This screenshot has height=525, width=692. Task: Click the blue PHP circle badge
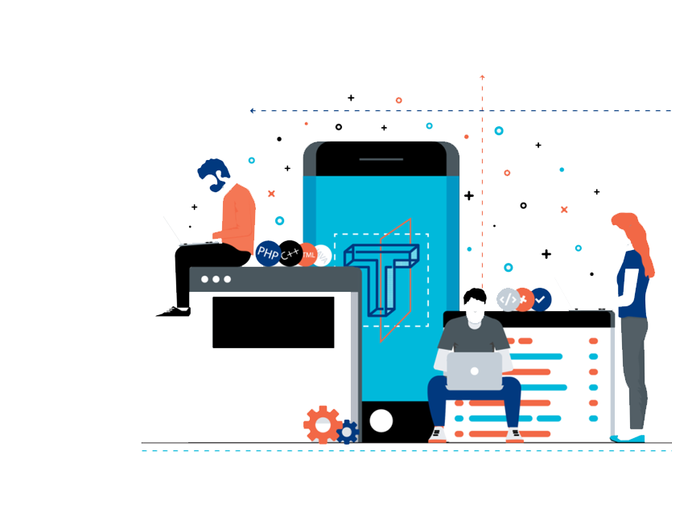(x=268, y=254)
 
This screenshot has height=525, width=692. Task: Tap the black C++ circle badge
(x=290, y=254)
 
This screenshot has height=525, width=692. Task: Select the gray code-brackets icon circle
(x=508, y=300)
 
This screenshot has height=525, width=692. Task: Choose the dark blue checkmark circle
(x=541, y=300)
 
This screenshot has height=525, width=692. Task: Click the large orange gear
(x=322, y=424)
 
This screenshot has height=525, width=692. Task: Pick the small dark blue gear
(x=347, y=433)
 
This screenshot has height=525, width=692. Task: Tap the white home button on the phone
(x=381, y=420)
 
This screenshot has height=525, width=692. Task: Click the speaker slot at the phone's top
(x=381, y=159)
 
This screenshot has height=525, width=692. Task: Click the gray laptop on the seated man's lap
(x=474, y=371)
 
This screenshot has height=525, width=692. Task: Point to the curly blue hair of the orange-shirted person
(x=214, y=171)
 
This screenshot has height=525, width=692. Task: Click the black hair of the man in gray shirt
(x=475, y=295)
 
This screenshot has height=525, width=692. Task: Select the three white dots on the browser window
(x=216, y=279)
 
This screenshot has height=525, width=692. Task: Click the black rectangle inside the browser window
(x=273, y=322)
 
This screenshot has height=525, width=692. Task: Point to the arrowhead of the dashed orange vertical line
(x=482, y=77)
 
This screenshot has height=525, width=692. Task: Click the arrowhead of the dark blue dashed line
(x=253, y=111)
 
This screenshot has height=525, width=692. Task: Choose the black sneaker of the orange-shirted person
(x=173, y=311)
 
